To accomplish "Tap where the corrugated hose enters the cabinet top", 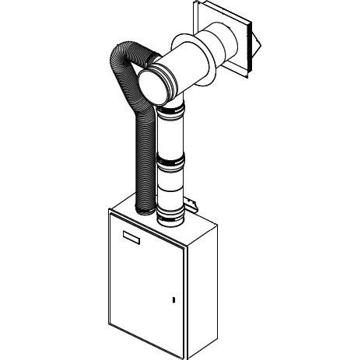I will tap(144, 208).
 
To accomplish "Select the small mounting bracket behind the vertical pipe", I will tap(195, 206).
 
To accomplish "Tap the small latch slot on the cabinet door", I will tap(173, 299).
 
